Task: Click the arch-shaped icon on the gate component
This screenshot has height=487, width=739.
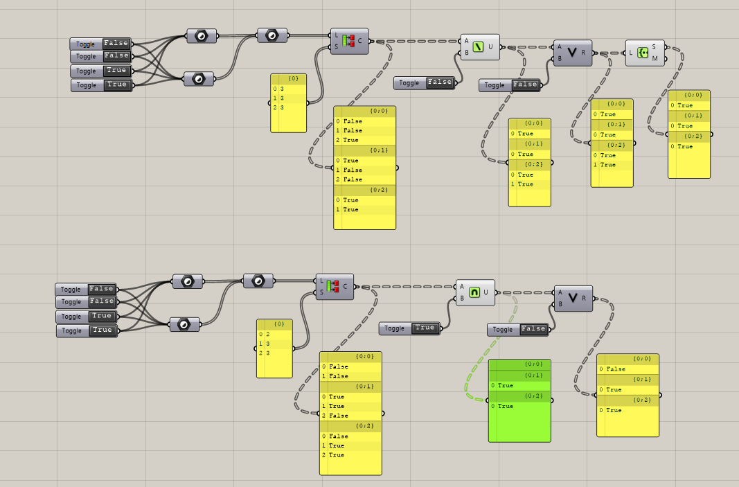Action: [474, 292]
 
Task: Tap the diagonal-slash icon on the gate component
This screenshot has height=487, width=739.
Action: [478, 47]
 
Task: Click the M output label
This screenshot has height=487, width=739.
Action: [655, 59]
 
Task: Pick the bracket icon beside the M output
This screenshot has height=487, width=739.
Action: [641, 53]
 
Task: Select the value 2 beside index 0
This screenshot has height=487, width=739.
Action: [268, 334]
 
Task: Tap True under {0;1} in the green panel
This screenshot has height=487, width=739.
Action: [506, 385]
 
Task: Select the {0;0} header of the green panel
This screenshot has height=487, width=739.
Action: [533, 364]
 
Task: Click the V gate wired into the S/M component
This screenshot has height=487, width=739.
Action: [572, 53]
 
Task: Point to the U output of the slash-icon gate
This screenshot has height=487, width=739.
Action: [490, 47]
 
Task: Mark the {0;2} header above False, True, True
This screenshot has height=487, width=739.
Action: [364, 425]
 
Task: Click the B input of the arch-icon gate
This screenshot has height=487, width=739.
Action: [461, 299]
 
